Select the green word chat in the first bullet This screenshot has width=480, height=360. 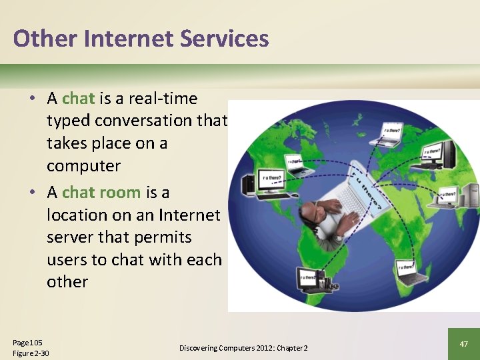click(x=78, y=99)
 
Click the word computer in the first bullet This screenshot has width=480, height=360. click(x=83, y=165)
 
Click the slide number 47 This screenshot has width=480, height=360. click(x=463, y=343)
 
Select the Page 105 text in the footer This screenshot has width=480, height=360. click(x=27, y=343)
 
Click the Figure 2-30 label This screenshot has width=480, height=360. click(x=31, y=353)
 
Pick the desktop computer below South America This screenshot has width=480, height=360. click(x=309, y=280)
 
